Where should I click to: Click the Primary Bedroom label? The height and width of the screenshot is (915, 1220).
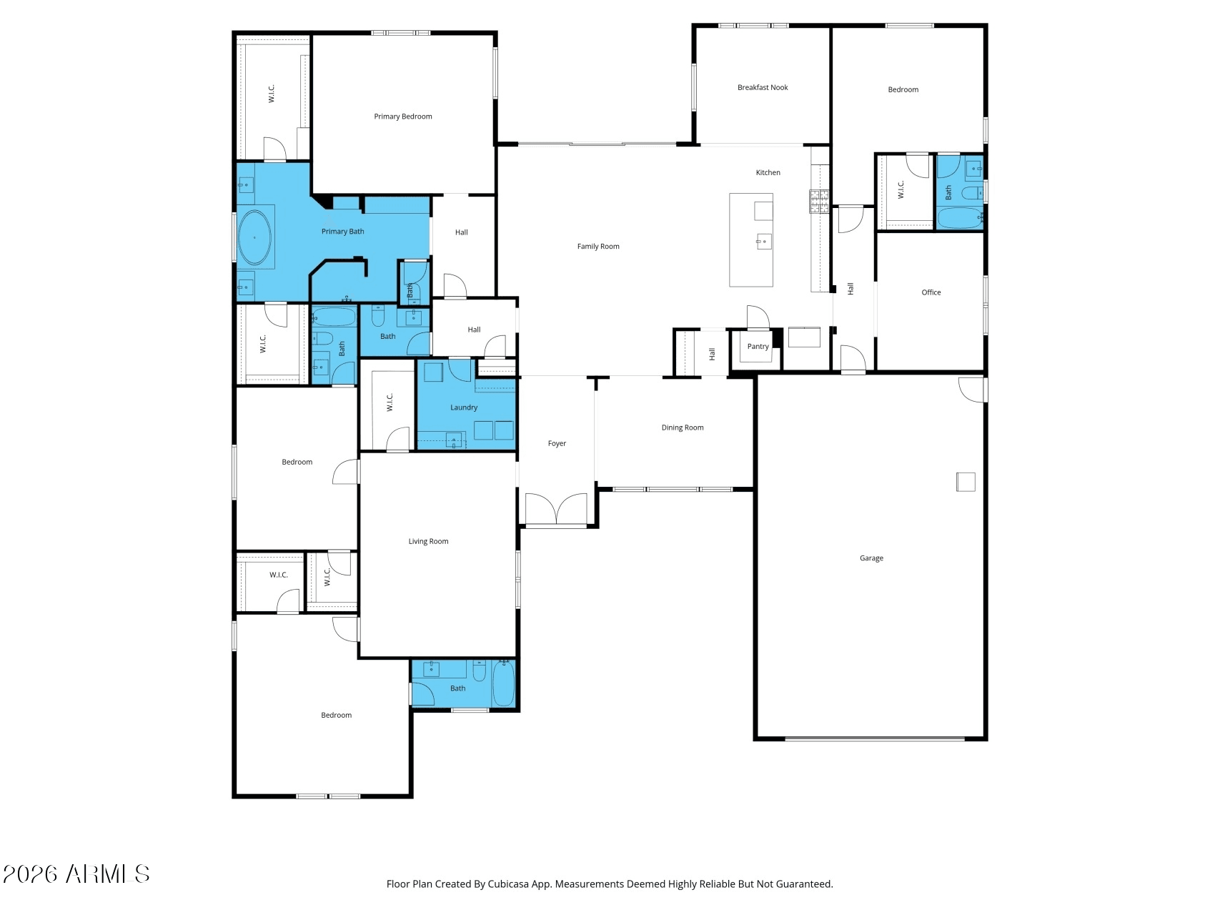[x=402, y=117]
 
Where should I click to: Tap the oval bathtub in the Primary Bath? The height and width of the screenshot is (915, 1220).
[x=254, y=237]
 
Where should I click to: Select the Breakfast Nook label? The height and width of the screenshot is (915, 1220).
[x=762, y=88]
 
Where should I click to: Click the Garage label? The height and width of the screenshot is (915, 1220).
[x=871, y=558]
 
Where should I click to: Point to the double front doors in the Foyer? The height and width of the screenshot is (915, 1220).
[x=556, y=509]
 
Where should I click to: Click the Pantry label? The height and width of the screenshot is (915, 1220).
[x=758, y=347]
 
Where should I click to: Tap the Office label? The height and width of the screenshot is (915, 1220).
[x=931, y=292]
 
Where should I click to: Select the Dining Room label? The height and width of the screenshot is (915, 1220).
[x=682, y=427]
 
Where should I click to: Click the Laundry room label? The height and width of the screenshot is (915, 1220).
[x=463, y=407]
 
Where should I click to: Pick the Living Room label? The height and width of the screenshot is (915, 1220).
[x=428, y=541]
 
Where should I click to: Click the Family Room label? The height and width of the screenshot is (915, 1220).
[x=597, y=247]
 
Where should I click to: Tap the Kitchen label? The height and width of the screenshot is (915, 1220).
[x=768, y=172]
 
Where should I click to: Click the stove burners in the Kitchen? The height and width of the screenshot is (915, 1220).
[x=818, y=202]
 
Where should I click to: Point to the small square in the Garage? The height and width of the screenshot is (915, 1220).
[x=965, y=482]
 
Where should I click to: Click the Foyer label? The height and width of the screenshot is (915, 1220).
[x=556, y=444]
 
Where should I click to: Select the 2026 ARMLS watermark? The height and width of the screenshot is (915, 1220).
[x=76, y=874]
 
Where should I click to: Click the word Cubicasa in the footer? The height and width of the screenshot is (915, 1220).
[x=507, y=884]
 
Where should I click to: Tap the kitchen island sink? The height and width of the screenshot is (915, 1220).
[x=763, y=242]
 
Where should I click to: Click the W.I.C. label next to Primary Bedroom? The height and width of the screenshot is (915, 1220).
[x=272, y=94]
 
